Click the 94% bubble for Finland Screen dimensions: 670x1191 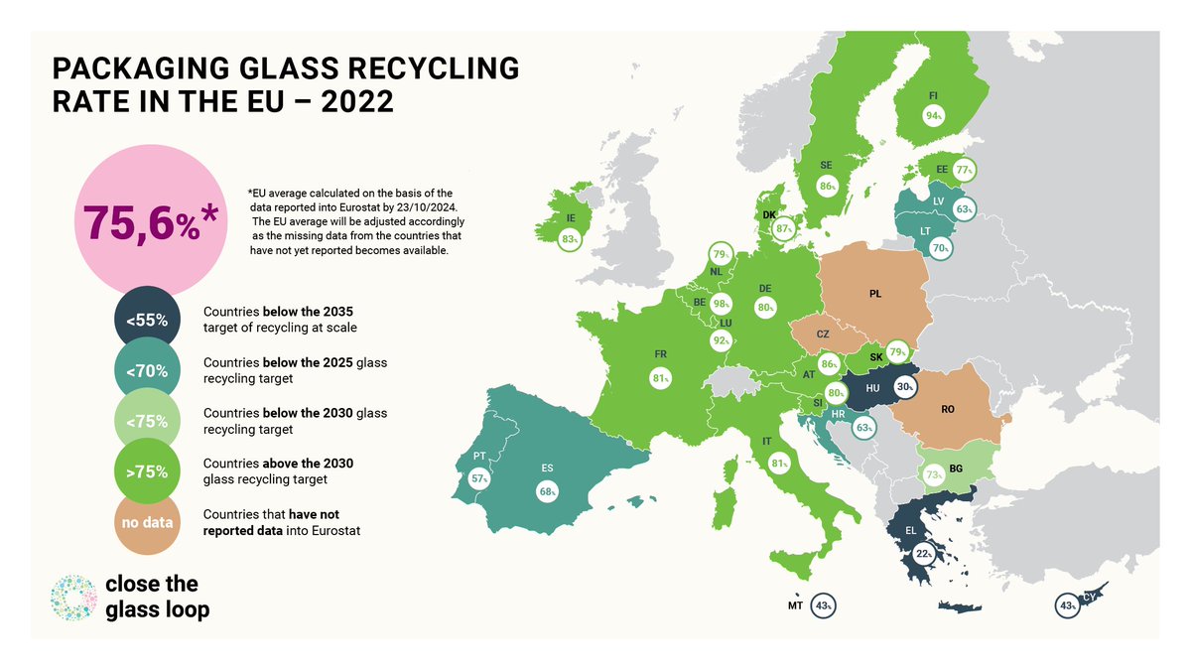pos(933,115)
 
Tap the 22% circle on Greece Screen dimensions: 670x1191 pos(924,554)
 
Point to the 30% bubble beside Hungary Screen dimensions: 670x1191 pos(904,387)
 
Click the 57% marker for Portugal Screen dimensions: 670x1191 pos(481,477)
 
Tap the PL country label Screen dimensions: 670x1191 pos(874,294)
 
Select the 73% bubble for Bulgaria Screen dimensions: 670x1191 pos(934,475)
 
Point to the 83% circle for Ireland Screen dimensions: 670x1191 pos(570,239)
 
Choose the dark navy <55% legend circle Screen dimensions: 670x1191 pos(147,321)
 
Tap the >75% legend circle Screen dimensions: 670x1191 pos(147,471)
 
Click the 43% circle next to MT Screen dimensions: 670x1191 pos(823,605)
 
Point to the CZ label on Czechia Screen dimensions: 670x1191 pos(823,335)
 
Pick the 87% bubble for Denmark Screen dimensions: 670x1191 pos(786,229)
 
